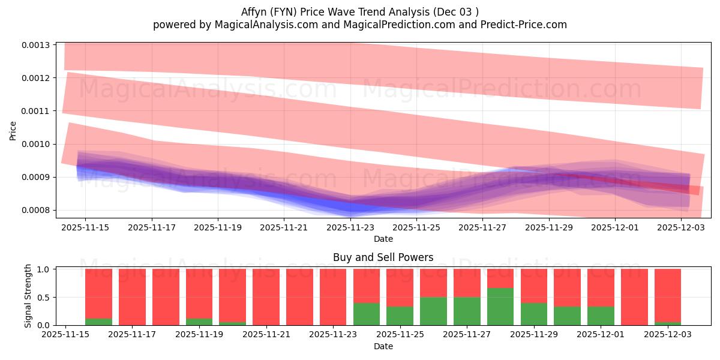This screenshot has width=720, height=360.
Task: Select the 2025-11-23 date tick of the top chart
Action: coord(350,227)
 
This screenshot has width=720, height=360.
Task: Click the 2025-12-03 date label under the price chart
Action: coord(681,227)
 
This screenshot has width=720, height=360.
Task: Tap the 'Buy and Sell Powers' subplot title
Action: coord(383,258)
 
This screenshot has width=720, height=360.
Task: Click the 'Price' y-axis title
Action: coord(13,130)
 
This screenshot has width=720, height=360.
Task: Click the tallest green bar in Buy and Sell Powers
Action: coord(500,306)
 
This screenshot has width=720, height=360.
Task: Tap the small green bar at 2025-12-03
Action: coord(668,323)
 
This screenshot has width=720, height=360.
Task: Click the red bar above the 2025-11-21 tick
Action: coord(266,297)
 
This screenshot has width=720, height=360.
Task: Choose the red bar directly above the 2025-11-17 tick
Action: coord(132,297)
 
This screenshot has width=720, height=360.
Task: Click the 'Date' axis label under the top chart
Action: coord(383,239)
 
